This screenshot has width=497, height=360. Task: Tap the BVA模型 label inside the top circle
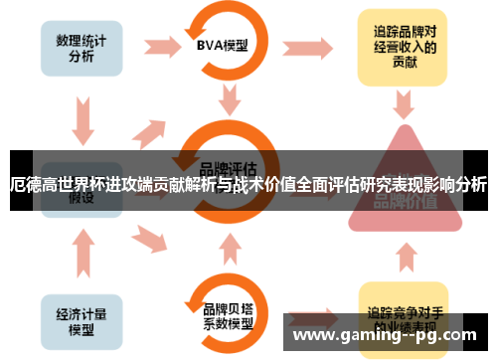click(x=222, y=44)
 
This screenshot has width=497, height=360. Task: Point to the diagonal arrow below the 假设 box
click(x=148, y=235)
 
